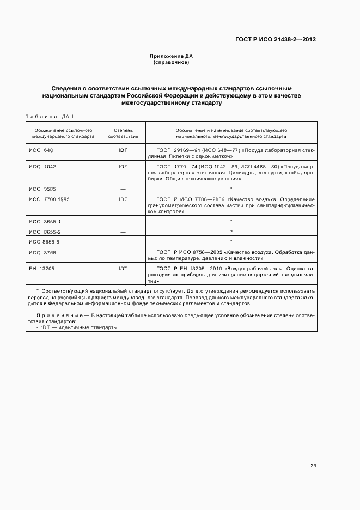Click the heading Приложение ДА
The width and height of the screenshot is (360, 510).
[172, 56]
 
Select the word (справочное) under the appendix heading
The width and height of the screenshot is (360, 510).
[172, 62]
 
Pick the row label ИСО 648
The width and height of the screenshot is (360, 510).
[41, 150]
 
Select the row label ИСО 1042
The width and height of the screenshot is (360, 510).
[42, 166]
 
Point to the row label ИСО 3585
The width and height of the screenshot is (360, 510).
[42, 189]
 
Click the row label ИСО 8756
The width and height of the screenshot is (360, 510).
[42, 252]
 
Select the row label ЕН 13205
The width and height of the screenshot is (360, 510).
[42, 269]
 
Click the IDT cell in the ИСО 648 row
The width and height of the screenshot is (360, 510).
[123, 150]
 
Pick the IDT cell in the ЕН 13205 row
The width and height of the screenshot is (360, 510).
[123, 269]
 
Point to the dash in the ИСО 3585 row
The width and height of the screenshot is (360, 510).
[123, 189]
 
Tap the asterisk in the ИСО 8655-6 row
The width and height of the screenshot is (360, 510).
[231, 241]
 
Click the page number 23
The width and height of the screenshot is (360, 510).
[313, 466]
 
